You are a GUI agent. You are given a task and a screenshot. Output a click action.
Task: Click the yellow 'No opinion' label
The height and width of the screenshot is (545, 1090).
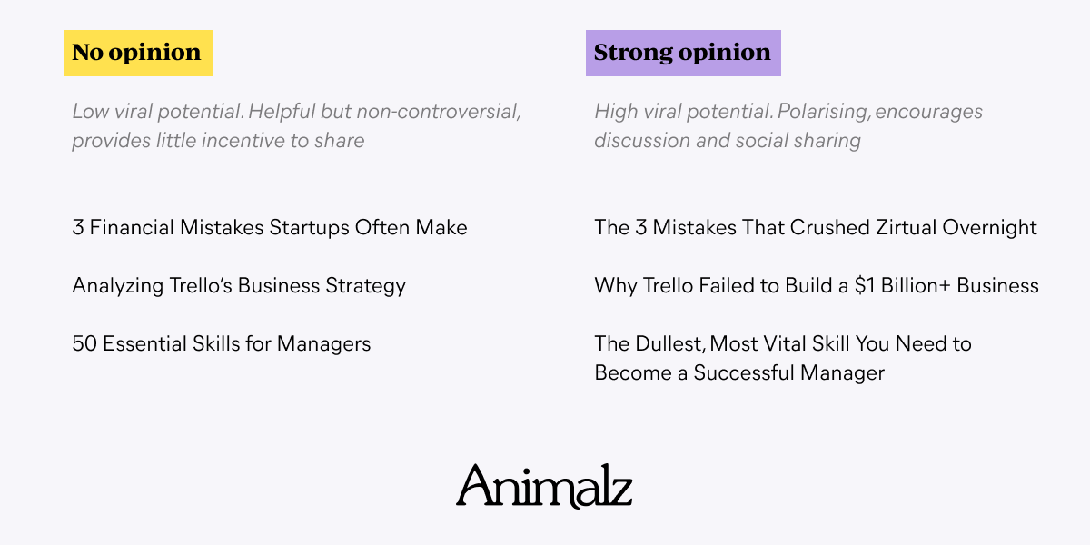pyautogui.click(x=138, y=53)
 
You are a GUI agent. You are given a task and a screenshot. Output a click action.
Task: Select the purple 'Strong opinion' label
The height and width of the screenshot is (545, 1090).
pyautogui.click(x=683, y=53)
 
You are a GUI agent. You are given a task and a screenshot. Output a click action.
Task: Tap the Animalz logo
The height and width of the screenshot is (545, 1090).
pyautogui.click(x=544, y=486)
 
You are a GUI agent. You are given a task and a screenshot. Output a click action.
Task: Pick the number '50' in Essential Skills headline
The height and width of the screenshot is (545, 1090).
pyautogui.click(x=84, y=343)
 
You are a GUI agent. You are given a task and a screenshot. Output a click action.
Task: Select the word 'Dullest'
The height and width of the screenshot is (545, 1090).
pyautogui.click(x=670, y=344)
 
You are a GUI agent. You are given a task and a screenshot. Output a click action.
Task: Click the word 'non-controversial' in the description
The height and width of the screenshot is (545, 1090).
pyautogui.click(x=439, y=112)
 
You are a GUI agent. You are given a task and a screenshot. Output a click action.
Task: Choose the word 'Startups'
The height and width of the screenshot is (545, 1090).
pyautogui.click(x=309, y=228)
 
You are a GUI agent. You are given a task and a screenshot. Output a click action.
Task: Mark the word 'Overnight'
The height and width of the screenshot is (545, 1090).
pyautogui.click(x=989, y=228)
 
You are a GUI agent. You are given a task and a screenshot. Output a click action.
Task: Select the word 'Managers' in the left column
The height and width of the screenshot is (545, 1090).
pyautogui.click(x=323, y=344)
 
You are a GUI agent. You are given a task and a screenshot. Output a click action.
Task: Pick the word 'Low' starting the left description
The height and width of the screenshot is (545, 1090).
pyautogui.click(x=91, y=112)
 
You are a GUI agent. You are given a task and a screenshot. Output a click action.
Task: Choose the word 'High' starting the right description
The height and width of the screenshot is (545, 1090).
pyautogui.click(x=616, y=112)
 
